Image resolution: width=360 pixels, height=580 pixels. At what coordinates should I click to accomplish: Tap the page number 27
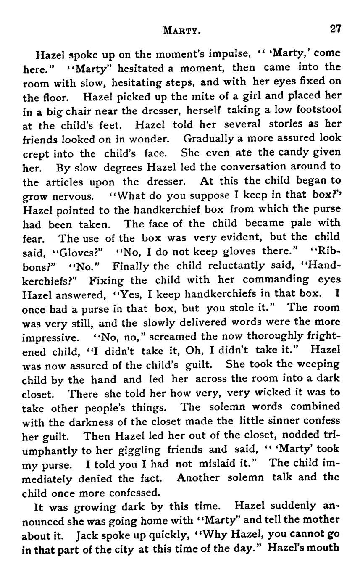[335, 29]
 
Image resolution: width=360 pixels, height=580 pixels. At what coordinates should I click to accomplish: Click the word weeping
[319, 364]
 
